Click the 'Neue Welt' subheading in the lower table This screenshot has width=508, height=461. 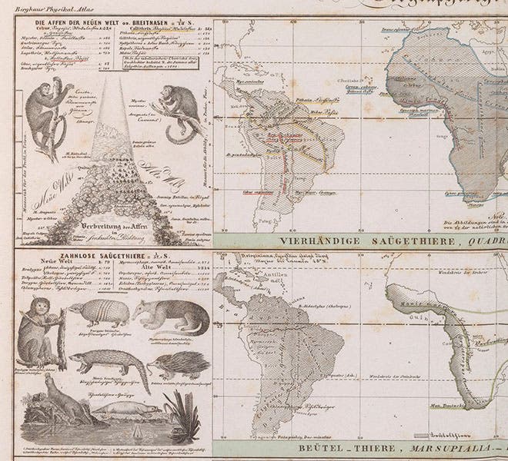(48, 269)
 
